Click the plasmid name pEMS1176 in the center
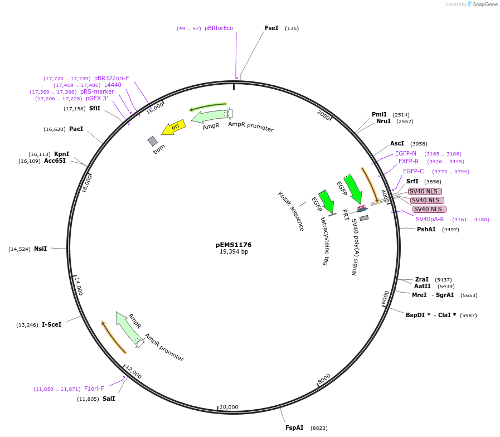coord(234,245)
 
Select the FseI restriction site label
coord(271,28)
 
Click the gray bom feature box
coord(153,141)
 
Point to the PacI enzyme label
coord(76,129)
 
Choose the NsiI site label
coord(40,249)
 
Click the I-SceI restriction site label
coord(51,324)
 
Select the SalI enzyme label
coord(109,399)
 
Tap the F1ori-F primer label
coord(94,389)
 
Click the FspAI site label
coord(294,428)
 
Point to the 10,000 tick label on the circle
coord(229,407)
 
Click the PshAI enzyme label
coord(426,229)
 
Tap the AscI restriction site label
coord(397,143)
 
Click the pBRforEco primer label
coord(219,28)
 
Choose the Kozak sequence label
coord(290,211)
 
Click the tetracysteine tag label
coord(324,241)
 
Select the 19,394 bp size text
coord(234,252)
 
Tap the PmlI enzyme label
coord(379,114)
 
